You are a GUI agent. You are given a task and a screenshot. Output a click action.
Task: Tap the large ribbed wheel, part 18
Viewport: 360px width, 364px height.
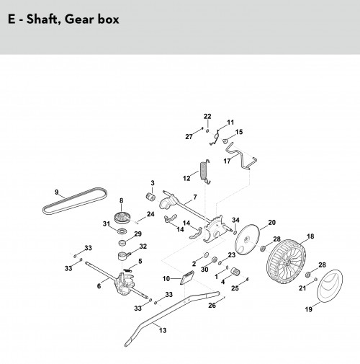[x=287, y=259]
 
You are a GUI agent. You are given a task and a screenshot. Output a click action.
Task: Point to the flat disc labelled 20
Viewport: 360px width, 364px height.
[x=247, y=239]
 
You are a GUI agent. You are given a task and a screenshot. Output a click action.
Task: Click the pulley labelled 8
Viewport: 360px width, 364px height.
[x=122, y=218]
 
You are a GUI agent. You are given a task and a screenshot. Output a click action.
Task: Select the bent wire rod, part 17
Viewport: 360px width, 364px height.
[x=240, y=156]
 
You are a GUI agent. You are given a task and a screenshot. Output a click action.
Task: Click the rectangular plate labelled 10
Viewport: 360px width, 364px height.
[x=187, y=278]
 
